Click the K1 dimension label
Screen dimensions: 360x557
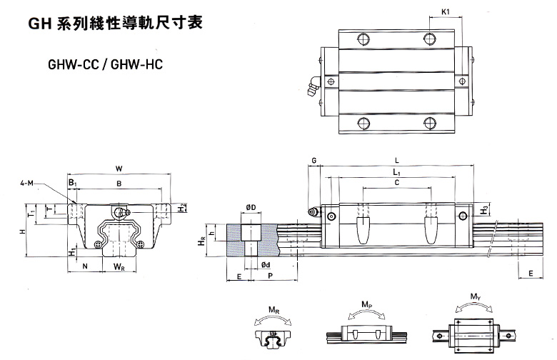[445, 12]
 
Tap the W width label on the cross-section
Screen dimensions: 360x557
[119, 168]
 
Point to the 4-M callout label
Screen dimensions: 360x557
[28, 184]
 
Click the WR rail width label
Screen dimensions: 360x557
[120, 267]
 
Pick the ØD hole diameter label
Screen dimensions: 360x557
[251, 207]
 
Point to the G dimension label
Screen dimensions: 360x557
[313, 160]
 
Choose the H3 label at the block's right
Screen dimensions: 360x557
[485, 210]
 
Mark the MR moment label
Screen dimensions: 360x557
[273, 309]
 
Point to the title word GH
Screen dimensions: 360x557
[38, 24]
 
